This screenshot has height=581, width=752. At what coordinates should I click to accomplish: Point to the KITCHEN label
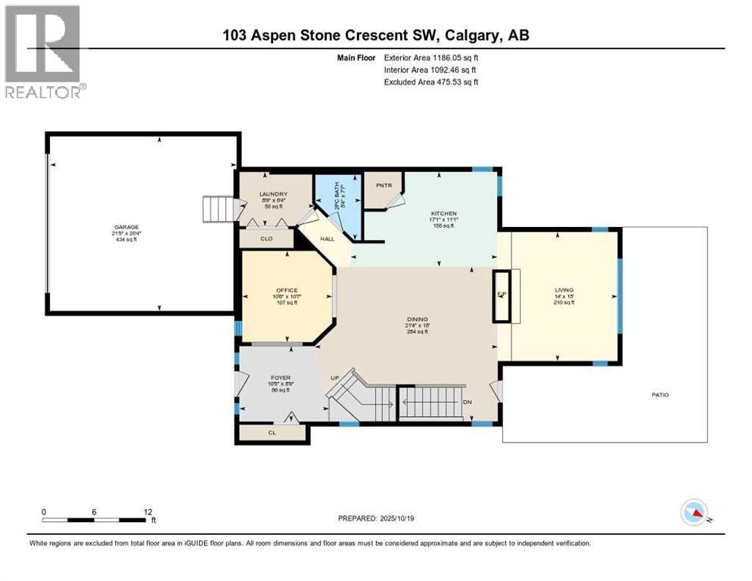pyautogui.click(x=444, y=213)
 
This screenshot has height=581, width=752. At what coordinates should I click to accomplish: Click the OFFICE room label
pyautogui.click(x=287, y=290)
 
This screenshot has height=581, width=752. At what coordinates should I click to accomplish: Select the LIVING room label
pyautogui.click(x=564, y=290)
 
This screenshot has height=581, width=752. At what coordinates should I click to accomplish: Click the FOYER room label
pyautogui.click(x=281, y=377)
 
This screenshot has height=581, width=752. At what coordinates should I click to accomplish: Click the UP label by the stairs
pyautogui.click(x=333, y=378)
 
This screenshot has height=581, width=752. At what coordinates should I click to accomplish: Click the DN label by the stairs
pyautogui.click(x=468, y=402)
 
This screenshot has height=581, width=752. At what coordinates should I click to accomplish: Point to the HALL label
pyautogui.click(x=327, y=238)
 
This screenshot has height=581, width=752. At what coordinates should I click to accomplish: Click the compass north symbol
pyautogui.click(x=693, y=513)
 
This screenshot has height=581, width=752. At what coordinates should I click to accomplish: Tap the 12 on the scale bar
pyautogui.click(x=148, y=511)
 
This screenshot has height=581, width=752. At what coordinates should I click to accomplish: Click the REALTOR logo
pyautogui.click(x=44, y=52)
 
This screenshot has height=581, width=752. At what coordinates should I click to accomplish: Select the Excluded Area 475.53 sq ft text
pyautogui.click(x=431, y=82)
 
